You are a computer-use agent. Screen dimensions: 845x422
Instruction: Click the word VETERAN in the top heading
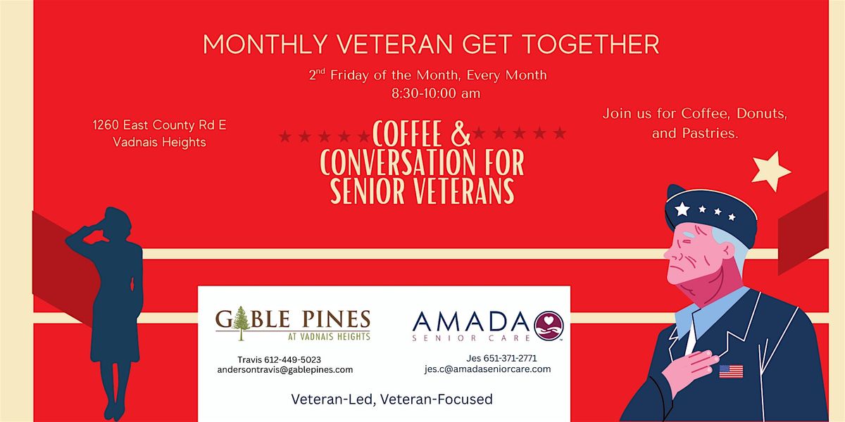pyautogui.click(x=394, y=44)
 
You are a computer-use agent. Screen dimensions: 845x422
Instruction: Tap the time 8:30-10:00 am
pyautogui.click(x=436, y=94)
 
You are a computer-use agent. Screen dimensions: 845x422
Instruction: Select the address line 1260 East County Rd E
pyautogui.click(x=159, y=125)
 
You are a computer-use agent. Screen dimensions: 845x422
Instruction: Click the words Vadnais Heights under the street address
pyautogui.click(x=160, y=142)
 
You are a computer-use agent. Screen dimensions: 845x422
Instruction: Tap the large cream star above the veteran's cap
pyautogui.click(x=770, y=171)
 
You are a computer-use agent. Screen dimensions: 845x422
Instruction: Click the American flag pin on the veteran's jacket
pyautogui.click(x=731, y=371)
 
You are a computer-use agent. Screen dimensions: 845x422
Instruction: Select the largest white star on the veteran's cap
pyautogui.click(x=682, y=209)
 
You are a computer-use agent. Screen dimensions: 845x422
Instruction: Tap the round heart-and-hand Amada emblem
pyautogui.click(x=549, y=326)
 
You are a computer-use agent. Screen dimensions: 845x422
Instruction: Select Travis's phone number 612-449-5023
pyautogui.click(x=292, y=360)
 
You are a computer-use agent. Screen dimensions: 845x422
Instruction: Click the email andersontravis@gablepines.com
pyautogui.click(x=285, y=370)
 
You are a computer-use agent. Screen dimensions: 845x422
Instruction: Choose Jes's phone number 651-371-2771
pyautogui.click(x=510, y=358)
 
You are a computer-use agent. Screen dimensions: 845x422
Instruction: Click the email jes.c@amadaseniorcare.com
pyautogui.click(x=487, y=369)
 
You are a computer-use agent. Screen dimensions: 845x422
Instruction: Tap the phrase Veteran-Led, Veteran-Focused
pyautogui.click(x=392, y=399)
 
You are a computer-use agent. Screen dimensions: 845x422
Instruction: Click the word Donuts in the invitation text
pyautogui.click(x=762, y=113)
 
